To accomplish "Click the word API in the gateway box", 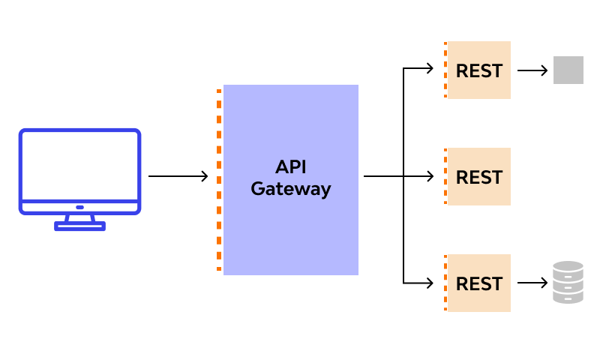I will (x=290, y=166).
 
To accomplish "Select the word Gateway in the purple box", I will (x=290, y=189).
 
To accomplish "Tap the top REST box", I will (x=478, y=70).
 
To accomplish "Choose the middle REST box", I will (x=478, y=177).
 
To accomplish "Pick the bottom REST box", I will (x=478, y=283).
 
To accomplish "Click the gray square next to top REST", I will (x=568, y=70).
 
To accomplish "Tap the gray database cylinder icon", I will (x=568, y=283).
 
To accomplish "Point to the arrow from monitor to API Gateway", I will (x=178, y=176).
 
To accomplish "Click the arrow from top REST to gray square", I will (x=532, y=70).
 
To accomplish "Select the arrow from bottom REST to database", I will (x=532, y=283).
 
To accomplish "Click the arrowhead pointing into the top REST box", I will (x=430, y=68).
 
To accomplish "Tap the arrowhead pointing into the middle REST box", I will (x=430, y=176).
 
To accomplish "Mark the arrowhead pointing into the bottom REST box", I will (x=430, y=283).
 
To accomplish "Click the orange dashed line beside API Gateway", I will (x=219, y=180).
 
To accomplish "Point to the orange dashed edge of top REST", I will (x=445, y=70).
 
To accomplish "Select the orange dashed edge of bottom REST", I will (x=445, y=283).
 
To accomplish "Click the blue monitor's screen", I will (x=79, y=165).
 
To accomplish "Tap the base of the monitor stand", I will (x=79, y=226).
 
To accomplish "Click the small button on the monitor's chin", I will (x=79, y=207).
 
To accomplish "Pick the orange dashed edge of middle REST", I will (x=445, y=177).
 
